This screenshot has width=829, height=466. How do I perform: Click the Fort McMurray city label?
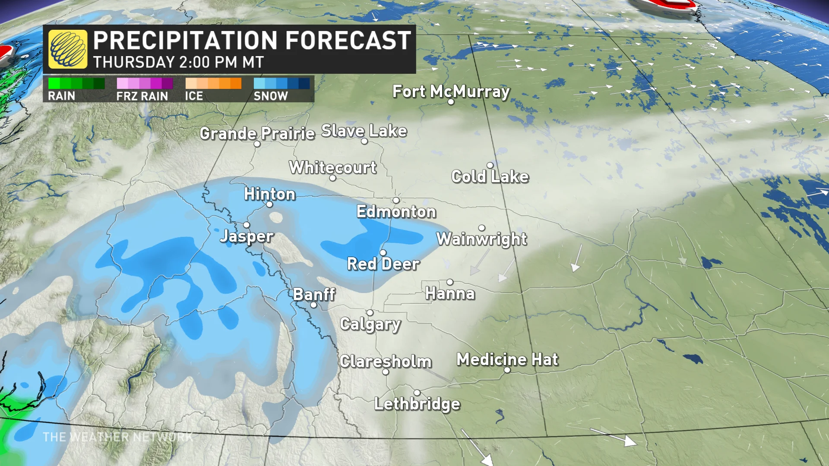coord(451,91)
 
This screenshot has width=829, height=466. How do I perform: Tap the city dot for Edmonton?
coord(396,200)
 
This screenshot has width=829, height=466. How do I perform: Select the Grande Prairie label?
coord(257,133)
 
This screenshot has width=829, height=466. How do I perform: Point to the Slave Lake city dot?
coord(364,141)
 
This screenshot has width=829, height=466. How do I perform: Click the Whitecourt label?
coord(332,167)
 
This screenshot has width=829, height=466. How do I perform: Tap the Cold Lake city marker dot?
coord(490,165)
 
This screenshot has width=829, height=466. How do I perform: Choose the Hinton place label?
coord(269,194)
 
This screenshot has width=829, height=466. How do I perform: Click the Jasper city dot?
coord(247,225)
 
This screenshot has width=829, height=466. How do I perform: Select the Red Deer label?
coord(383,264)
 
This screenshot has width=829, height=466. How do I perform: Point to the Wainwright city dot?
coord(481,228)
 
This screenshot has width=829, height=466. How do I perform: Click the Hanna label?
coord(450,293)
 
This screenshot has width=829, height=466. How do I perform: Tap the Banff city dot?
coord(314,305)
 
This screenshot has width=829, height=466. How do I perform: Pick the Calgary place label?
coord(370,324)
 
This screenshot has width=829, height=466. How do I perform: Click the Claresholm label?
coord(385,362)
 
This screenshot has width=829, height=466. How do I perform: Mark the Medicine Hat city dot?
coord(507,370)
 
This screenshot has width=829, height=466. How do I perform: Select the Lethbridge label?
coord(417,404)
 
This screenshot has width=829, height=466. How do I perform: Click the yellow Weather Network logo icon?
coord(68,49)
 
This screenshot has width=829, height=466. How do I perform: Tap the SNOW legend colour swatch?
coord(282,83)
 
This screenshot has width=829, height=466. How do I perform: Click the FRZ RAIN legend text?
coord(142,96)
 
